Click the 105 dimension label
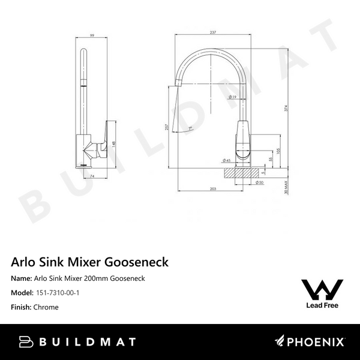coord(278,150)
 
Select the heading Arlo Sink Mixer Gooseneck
coord(90,262)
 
